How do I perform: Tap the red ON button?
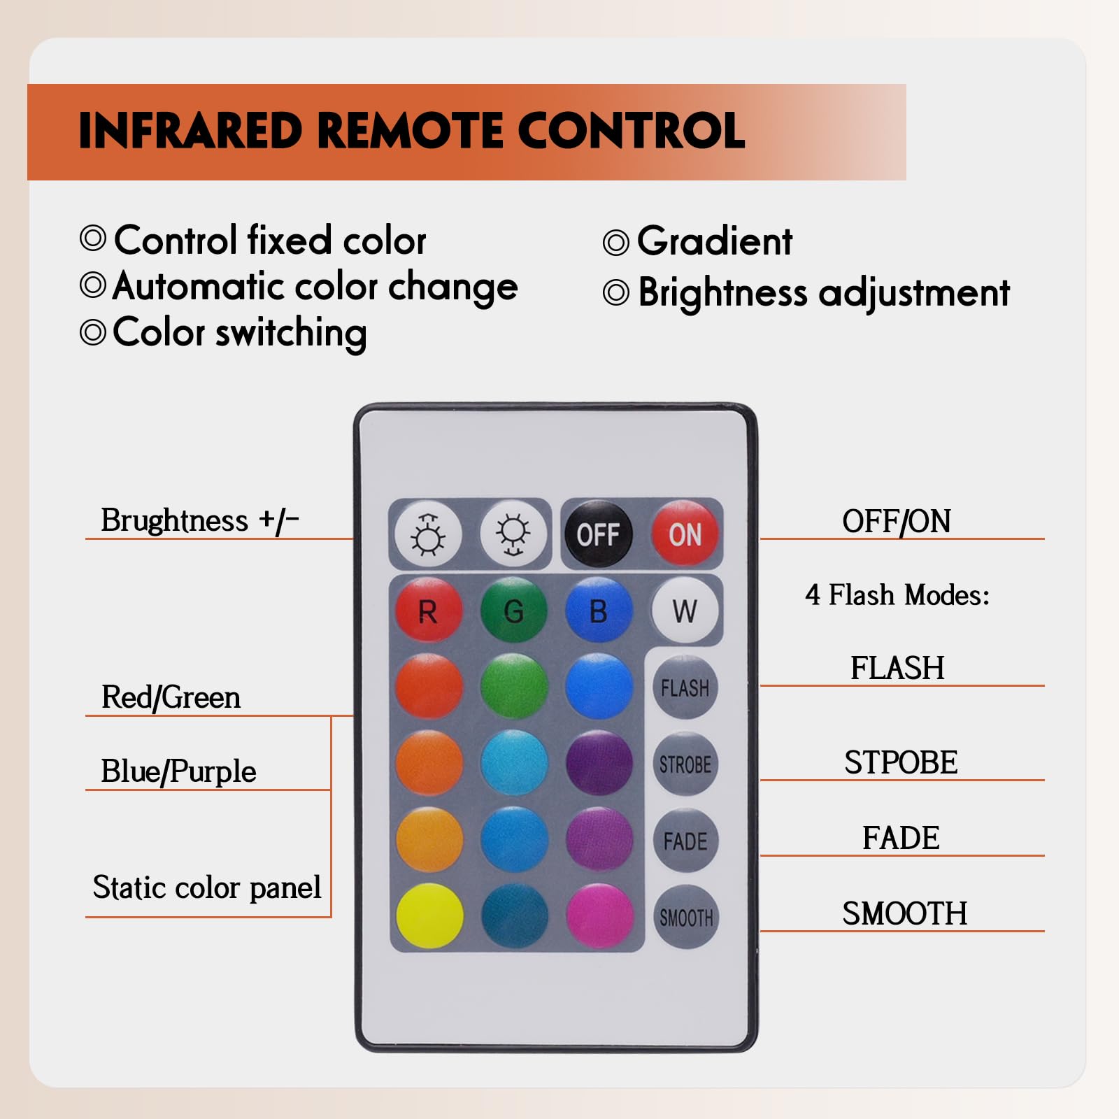685,535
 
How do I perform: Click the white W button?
685,611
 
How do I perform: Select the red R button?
428,611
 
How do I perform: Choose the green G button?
514,611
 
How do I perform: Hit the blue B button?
599,611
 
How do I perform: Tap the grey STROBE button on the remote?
685,764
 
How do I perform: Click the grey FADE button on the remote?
685,841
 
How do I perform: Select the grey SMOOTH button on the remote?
686,917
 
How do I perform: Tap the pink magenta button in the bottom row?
599,916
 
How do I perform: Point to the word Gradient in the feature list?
715,241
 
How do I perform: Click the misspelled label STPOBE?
901,762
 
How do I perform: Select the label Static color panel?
207,888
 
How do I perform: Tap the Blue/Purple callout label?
178,771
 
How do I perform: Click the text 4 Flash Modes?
897,595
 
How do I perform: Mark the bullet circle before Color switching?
93,332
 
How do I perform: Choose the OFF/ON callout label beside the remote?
897,521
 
